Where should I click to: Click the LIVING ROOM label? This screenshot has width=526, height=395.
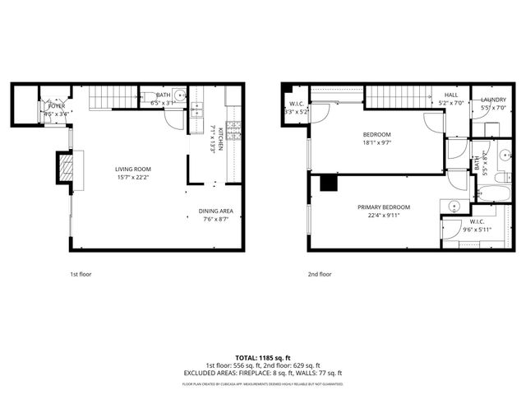pyautogui.click(x=132, y=169)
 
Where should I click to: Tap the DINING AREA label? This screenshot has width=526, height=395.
pyautogui.click(x=215, y=211)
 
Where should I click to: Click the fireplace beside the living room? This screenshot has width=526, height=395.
pyautogui.click(x=64, y=170)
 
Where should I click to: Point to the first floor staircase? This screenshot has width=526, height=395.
pyautogui.click(x=112, y=98)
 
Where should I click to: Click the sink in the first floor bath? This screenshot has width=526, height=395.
pyautogui.click(x=181, y=96)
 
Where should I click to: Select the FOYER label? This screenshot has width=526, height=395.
pyautogui.click(x=57, y=106)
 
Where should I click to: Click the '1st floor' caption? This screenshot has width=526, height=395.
pyautogui.click(x=81, y=274)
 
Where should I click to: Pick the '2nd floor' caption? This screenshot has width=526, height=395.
pyautogui.click(x=320, y=274)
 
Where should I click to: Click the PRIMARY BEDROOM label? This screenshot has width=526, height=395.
pyautogui.click(x=384, y=207)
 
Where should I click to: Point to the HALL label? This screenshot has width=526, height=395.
pyautogui.click(x=451, y=95)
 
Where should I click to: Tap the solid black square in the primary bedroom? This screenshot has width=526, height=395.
pyautogui.click(x=330, y=183)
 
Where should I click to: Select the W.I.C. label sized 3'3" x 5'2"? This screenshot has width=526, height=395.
pyautogui.click(x=296, y=104)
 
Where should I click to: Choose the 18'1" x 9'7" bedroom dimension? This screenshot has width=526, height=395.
pyautogui.click(x=376, y=142)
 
